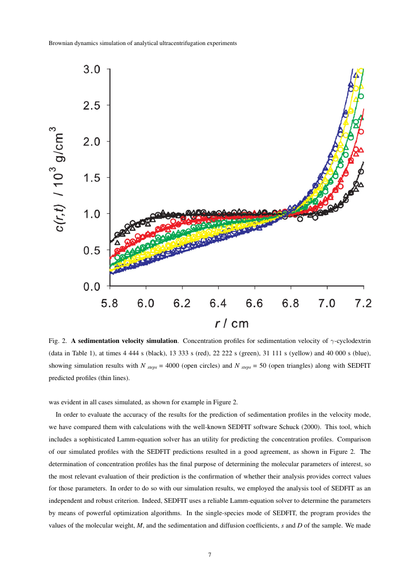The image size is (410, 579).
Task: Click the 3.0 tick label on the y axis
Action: tap(92, 69)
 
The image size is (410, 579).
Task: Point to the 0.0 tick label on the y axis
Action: tap(92, 286)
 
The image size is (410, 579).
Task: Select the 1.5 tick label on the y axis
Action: tap(92, 178)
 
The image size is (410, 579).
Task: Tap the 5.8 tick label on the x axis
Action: tap(110, 304)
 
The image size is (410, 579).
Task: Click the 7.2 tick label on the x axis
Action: tap(363, 304)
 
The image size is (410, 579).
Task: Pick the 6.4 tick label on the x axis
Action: tap(219, 304)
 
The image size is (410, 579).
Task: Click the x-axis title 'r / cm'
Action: tap(232, 324)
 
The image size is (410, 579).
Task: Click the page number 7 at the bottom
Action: tap(210, 555)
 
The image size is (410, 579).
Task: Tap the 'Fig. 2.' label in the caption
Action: tap(58, 341)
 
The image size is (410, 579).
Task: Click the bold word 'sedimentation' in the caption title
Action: tap(97, 341)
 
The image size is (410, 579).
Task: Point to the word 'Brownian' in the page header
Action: tap(60, 43)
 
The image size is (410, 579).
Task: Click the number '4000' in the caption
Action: tap(205, 366)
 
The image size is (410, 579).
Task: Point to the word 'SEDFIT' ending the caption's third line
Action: tap(350, 366)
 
